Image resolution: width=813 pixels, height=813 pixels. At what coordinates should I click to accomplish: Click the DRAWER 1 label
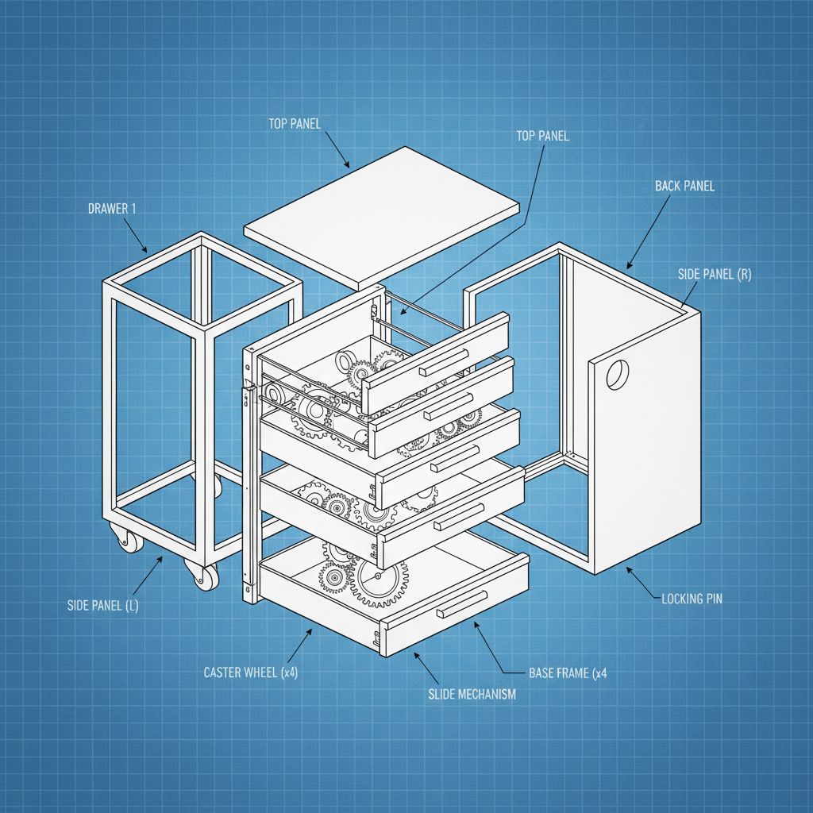112,209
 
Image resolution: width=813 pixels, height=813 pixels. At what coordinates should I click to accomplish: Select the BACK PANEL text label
684,186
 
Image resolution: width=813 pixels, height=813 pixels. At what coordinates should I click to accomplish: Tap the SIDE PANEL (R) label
715,275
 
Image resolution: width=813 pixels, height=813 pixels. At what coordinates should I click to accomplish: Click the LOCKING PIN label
692,599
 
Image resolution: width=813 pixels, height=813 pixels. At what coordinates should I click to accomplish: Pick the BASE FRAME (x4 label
568,673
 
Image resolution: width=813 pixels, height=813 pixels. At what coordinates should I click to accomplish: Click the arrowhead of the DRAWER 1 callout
146,251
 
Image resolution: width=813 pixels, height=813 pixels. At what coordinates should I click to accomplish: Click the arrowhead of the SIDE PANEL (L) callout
162,559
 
